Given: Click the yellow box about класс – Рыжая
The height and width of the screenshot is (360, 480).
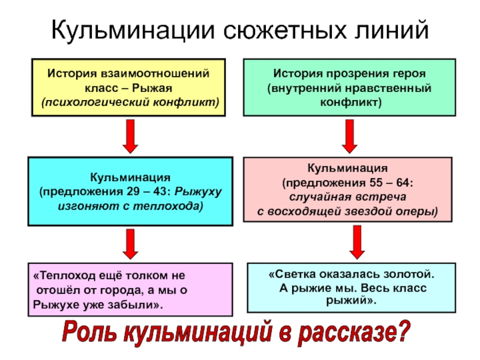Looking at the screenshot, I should [x=129, y=86].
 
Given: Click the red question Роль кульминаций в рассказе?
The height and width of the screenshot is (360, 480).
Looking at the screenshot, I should [x=238, y=334].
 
